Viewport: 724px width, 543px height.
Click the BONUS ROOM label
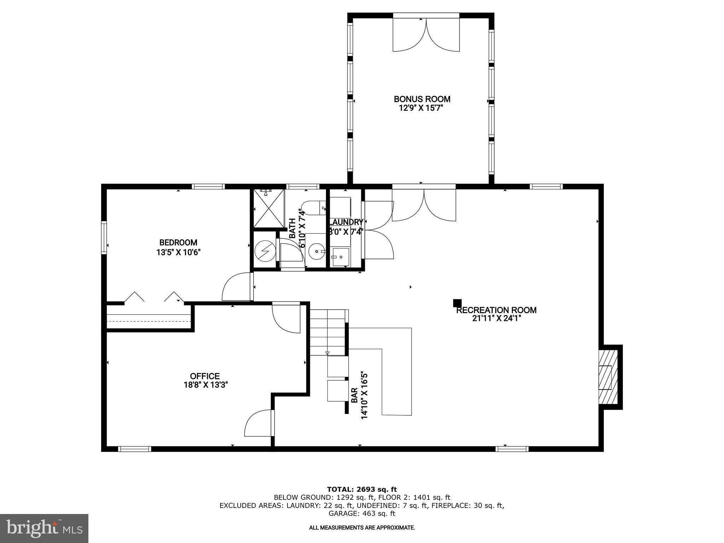[422, 99]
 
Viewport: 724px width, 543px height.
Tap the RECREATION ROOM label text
[496, 310]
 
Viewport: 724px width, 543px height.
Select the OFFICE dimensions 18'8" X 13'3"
[205, 385]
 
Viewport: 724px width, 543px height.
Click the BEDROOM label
[178, 243]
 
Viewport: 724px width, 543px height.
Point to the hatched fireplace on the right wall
[608, 377]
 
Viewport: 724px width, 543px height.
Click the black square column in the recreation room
[457, 303]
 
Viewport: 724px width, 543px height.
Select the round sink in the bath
[316, 251]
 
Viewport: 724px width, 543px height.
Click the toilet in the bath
[313, 208]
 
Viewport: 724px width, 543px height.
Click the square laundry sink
[340, 257]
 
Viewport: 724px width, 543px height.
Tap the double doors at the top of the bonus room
[426, 35]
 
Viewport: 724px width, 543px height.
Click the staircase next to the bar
[327, 332]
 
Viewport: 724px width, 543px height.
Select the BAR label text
[355, 395]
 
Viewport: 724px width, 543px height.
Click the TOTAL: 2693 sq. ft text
[362, 489]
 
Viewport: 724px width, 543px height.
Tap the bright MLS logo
[44, 528]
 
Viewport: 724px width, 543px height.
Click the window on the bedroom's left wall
[104, 237]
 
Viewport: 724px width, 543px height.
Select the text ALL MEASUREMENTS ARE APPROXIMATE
[362, 527]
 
